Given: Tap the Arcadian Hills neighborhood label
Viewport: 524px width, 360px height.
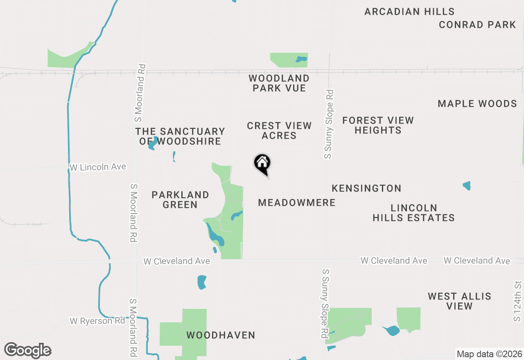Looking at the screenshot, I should point(409,12).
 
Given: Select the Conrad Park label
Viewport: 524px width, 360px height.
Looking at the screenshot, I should point(477,25).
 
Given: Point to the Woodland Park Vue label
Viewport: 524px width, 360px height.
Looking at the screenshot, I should point(279,83).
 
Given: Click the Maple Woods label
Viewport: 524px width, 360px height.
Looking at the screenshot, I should point(477,104).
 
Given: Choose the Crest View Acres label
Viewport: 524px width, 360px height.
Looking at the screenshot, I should point(279,130).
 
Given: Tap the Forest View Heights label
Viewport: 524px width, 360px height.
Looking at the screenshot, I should point(378,125).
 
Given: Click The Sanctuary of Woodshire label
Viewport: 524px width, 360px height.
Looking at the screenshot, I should point(180,136).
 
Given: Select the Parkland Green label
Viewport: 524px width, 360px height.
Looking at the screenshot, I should point(180,200).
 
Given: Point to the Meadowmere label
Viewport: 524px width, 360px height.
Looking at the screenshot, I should point(297,203).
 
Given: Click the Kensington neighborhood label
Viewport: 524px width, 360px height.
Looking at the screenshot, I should point(366,189).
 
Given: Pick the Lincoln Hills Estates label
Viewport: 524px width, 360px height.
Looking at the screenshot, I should point(413,213).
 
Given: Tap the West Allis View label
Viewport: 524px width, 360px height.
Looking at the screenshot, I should point(459,301).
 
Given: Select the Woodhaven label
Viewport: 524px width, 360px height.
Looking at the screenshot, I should point(221,335).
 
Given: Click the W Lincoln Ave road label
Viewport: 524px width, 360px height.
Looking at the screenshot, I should point(98,167).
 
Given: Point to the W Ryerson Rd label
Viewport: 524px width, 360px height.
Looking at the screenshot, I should point(97,321).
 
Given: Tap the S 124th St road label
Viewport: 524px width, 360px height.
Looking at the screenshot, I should point(518,301).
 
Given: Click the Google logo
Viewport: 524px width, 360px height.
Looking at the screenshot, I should point(27,351).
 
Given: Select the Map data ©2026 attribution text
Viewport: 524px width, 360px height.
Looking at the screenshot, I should point(489,354).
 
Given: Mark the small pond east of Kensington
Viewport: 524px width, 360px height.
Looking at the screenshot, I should point(467,186).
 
